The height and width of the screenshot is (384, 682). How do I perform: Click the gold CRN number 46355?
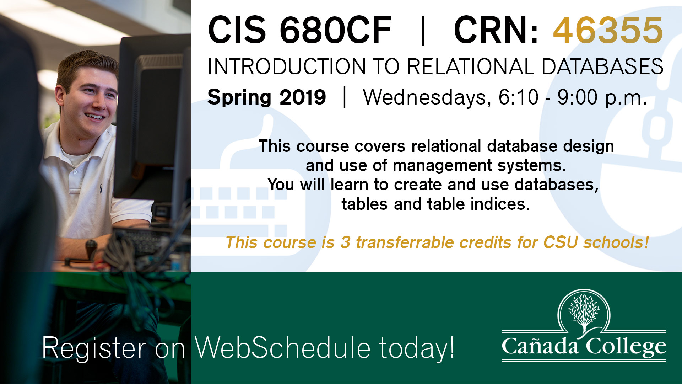click(608, 30)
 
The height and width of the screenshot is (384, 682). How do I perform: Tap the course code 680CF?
click(335, 30)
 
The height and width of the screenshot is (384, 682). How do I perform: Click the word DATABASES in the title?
click(602, 66)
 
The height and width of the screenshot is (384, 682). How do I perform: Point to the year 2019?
click(303, 97)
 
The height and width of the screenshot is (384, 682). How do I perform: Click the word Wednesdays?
click(427, 97)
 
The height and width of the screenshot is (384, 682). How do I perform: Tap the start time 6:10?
click(519, 97)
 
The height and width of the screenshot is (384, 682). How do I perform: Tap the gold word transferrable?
click(405, 242)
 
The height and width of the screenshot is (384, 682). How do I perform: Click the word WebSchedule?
click(283, 347)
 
